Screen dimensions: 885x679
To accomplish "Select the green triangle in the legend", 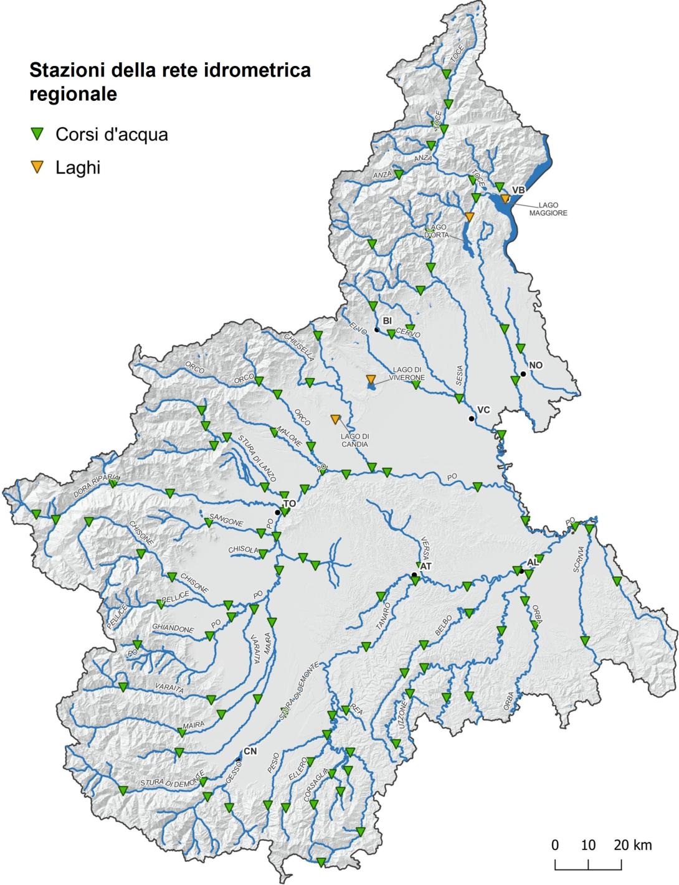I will point(38,133).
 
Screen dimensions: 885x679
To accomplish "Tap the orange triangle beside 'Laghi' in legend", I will point(38,167).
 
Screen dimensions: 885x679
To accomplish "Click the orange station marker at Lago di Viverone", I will point(371,380).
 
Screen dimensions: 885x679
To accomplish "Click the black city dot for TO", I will point(278,512).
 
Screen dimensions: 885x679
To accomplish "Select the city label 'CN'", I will point(250,751).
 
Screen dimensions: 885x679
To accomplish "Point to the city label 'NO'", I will point(536,365).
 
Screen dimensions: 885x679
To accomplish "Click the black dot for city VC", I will point(472,419).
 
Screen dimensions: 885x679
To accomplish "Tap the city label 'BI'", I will point(387,320).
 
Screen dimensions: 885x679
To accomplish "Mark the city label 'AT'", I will point(426,567).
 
